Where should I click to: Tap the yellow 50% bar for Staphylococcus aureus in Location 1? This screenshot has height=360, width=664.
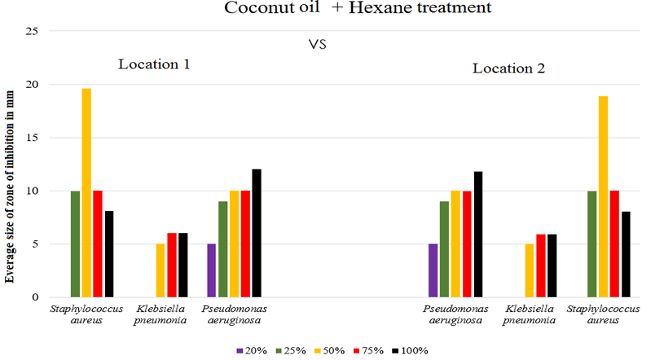click(86, 192)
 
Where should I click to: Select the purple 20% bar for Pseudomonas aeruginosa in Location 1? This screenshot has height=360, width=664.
click(212, 270)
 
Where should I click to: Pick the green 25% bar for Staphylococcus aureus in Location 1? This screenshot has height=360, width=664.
click(75, 244)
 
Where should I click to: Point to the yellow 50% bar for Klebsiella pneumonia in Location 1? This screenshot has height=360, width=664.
click(161, 270)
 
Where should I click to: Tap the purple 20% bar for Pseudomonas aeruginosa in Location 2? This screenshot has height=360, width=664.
click(433, 270)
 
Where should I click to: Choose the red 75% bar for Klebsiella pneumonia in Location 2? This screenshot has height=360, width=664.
click(542, 266)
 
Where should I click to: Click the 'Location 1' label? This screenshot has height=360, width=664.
click(154, 64)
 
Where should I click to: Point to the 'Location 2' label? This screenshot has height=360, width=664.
click(508, 68)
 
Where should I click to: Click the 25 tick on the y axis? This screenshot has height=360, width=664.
click(33, 31)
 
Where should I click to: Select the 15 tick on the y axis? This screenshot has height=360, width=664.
click(33, 138)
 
